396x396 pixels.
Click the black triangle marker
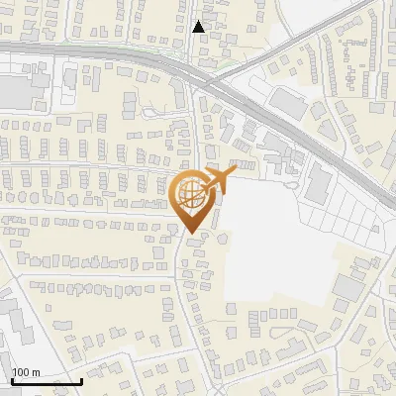(x=199, y=27)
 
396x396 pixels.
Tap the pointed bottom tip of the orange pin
(x=192, y=234)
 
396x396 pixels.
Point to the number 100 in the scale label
(x=21, y=373)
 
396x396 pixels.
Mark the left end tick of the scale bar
(x=12, y=379)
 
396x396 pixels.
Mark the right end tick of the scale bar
(x=81, y=379)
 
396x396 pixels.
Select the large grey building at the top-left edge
(x=15, y=91)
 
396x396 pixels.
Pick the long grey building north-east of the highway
(x=290, y=102)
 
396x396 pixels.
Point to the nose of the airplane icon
(x=234, y=172)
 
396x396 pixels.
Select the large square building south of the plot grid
(x=348, y=288)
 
